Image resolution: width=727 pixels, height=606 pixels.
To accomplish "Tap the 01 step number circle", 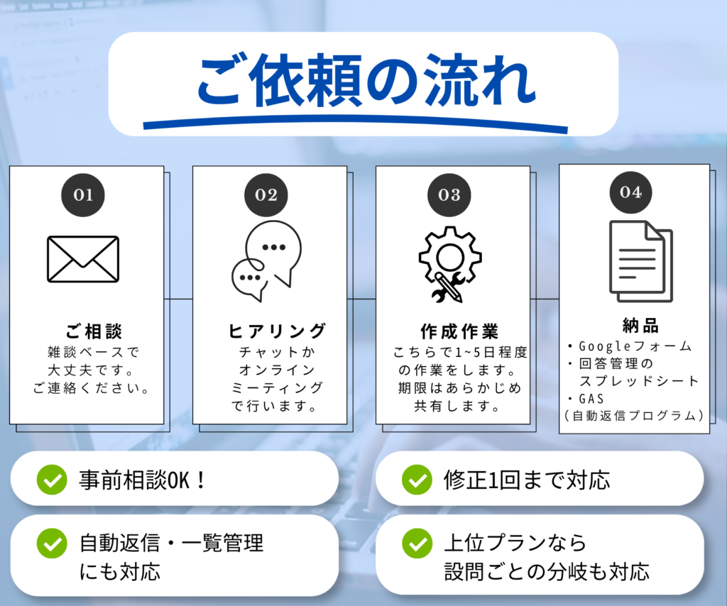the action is [83, 195].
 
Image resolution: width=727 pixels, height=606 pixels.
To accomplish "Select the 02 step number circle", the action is [266, 195].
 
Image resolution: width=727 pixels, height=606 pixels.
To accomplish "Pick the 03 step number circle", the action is [449, 195].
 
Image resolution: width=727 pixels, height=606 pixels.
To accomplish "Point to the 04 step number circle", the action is [630, 192].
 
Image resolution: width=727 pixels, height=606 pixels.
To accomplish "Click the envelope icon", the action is [83, 259].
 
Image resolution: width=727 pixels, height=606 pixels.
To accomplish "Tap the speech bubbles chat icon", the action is [266, 261].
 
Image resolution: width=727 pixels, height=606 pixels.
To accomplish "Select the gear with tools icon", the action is [449, 265].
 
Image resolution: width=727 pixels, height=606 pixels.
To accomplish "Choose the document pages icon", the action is [641, 261].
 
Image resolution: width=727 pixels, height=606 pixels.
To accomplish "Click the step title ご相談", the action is [94, 331].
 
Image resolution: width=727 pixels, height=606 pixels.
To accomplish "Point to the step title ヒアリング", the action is [277, 331].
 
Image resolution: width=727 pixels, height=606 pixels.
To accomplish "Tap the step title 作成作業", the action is [459, 331].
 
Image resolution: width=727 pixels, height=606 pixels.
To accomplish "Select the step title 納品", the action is [641, 326].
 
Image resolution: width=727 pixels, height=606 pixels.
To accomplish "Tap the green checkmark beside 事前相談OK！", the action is [52, 480].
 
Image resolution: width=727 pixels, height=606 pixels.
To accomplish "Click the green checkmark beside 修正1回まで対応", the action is [417, 480].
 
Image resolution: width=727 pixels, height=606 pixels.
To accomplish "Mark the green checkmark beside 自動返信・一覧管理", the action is [52, 544].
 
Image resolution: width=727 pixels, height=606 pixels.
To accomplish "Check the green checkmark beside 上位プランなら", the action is [417, 544].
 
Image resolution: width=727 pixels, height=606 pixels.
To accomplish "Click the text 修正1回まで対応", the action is [527, 480].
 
